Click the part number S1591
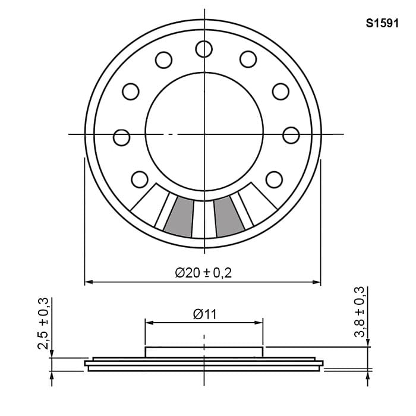(382, 23)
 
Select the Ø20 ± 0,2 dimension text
(203, 273)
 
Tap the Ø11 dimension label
(205, 314)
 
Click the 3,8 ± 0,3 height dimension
(360, 312)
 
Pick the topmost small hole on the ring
(204, 49)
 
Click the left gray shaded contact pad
(179, 217)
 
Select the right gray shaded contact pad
(228, 217)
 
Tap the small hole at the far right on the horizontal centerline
(291, 135)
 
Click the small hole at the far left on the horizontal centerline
(121, 137)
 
